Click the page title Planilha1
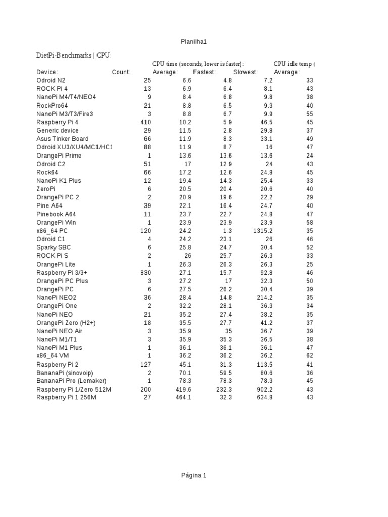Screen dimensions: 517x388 (x=194, y=42)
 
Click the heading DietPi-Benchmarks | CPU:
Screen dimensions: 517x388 (x=74, y=55)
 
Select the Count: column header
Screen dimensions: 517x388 (x=121, y=72)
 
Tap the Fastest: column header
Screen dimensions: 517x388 (x=204, y=72)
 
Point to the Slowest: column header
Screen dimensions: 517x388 (x=246, y=72)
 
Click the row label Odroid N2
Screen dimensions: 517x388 (x=51, y=81)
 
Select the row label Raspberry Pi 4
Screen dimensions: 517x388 (x=58, y=122)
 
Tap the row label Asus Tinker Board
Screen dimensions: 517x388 (x=63, y=139)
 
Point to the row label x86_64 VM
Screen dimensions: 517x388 (x=53, y=356)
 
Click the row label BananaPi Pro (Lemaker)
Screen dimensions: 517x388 (x=71, y=381)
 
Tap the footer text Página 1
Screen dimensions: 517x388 (x=194, y=475)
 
